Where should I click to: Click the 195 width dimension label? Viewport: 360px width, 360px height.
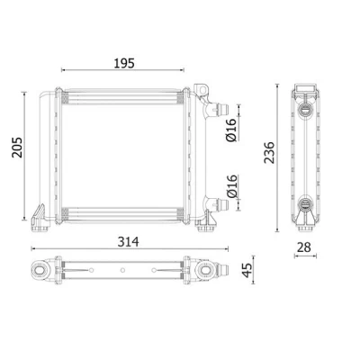(124, 63)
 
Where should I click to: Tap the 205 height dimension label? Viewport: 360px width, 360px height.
(17, 148)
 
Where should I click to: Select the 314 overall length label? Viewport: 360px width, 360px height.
(128, 241)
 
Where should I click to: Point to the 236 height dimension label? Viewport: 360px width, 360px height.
(269, 152)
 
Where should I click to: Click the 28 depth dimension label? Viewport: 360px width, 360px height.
(304, 247)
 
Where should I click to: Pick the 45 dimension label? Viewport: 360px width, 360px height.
(247, 270)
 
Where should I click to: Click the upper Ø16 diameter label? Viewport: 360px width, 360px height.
(231, 130)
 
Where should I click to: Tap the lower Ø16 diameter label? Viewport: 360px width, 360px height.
(232, 186)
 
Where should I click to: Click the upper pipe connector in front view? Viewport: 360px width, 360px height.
(221, 108)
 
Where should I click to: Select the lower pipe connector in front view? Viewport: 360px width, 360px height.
(221, 203)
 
